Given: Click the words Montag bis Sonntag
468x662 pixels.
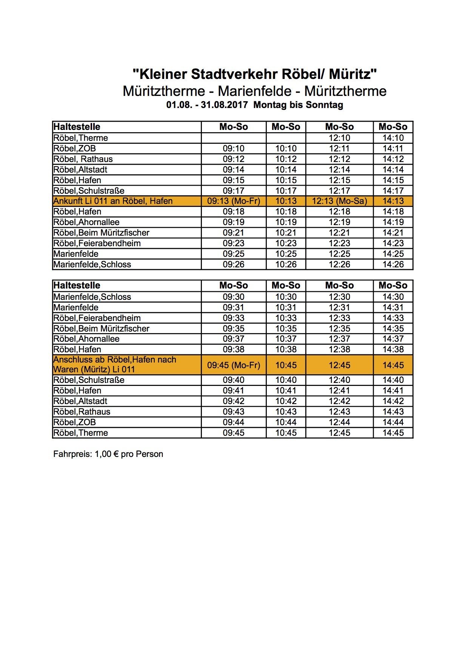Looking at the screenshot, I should click(x=298, y=105).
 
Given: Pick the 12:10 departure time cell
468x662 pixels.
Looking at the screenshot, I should click(x=339, y=138).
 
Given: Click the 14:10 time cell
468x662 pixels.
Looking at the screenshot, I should click(x=393, y=138).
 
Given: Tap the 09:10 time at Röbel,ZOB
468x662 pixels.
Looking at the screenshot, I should click(x=233, y=148).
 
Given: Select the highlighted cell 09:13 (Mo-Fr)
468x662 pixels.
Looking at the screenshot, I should click(x=233, y=201).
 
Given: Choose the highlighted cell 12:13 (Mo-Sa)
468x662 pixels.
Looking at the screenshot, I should click(x=339, y=201).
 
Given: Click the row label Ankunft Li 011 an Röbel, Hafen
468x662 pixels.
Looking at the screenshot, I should click(x=113, y=201).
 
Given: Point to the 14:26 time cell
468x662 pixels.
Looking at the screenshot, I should click(x=393, y=264).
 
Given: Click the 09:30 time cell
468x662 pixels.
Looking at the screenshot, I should click(x=233, y=297).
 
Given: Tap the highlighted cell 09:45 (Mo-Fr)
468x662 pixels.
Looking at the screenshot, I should click(x=233, y=365).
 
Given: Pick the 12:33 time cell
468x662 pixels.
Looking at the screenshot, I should click(x=339, y=318).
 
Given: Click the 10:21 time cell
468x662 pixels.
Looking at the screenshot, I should click(x=286, y=233).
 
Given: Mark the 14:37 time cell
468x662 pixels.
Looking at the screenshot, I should click(x=393, y=339).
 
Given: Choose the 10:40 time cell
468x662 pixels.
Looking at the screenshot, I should click(x=286, y=380).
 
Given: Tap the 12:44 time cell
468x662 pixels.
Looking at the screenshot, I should click(x=339, y=422).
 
